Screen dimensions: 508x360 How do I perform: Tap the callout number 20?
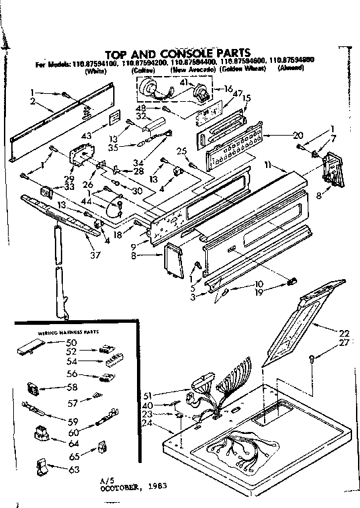(x=279, y=136)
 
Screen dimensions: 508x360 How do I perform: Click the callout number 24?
(x=147, y=423)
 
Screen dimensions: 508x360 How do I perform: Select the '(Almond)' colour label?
(x=291, y=69)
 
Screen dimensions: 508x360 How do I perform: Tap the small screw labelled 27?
(x=311, y=357)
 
